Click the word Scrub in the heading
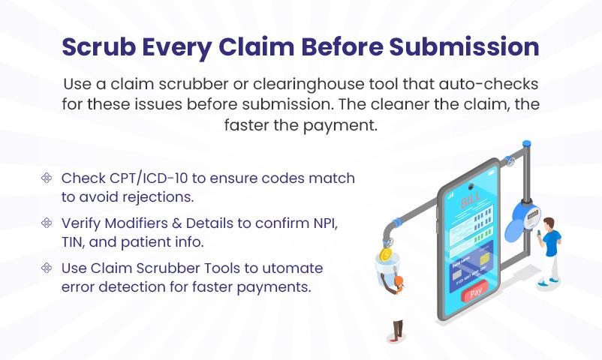tap(98, 46)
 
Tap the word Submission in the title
tap(464, 46)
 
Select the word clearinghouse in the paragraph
tap(309, 85)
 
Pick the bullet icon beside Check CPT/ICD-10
tap(47, 178)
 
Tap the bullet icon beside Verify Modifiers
tap(47, 223)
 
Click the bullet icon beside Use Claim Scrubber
tap(47, 268)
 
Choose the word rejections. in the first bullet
tap(158, 197)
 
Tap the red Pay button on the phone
tap(476, 292)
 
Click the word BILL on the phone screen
tap(470, 200)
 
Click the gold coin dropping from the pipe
tap(386, 255)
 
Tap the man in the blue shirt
tap(549, 252)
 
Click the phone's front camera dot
tap(470, 187)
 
